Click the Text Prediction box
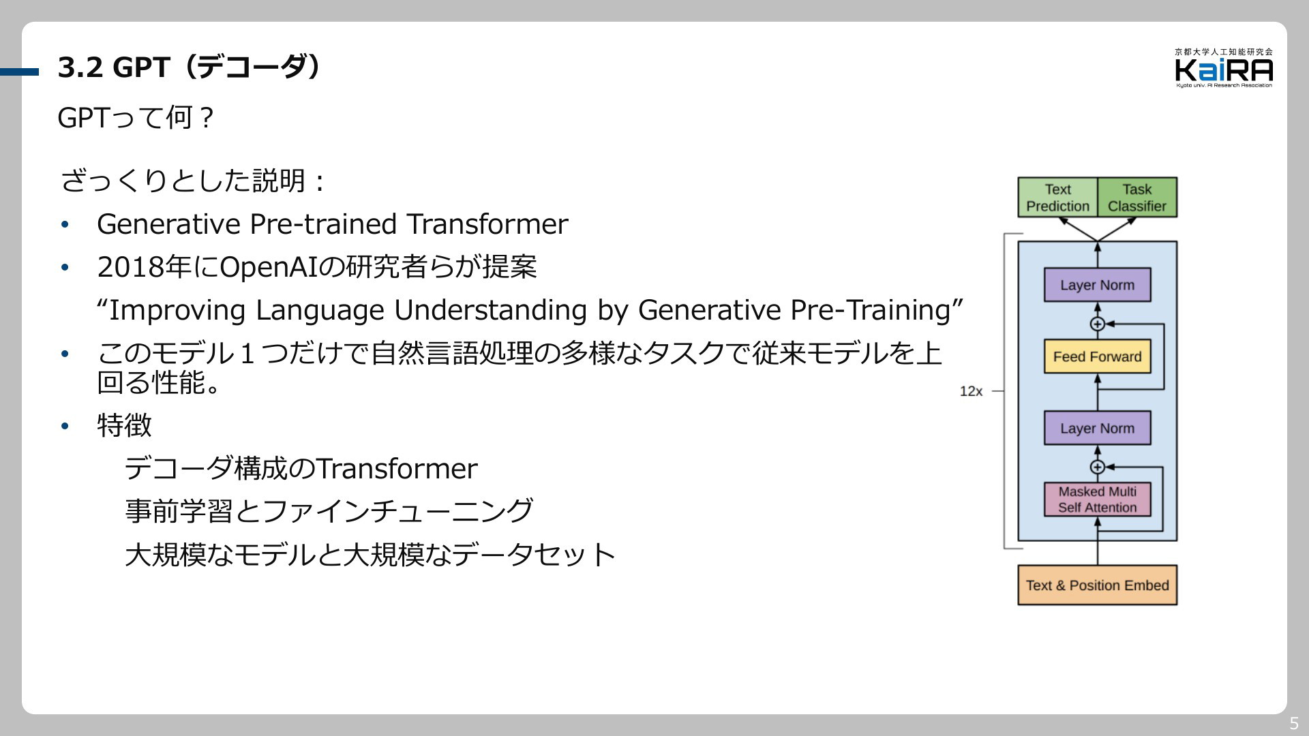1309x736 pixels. tap(1057, 198)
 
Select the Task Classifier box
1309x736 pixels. tap(1137, 198)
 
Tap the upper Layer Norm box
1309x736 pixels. tap(1097, 285)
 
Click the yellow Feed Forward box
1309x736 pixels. tap(1097, 356)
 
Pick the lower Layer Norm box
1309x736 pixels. tap(1097, 428)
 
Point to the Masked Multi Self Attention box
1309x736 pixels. tap(1097, 500)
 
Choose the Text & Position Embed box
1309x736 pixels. tap(1097, 585)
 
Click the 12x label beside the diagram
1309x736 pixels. tap(971, 391)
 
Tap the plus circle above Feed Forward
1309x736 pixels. tap(1097, 324)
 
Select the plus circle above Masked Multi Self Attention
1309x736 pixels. tap(1097, 467)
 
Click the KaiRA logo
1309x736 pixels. tap(1224, 68)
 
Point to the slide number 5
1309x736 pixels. tap(1294, 724)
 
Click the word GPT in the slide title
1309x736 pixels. tap(141, 67)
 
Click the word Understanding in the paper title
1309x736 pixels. tap(490, 310)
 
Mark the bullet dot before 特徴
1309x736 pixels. tap(65, 427)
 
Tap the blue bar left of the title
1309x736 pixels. tap(20, 72)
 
